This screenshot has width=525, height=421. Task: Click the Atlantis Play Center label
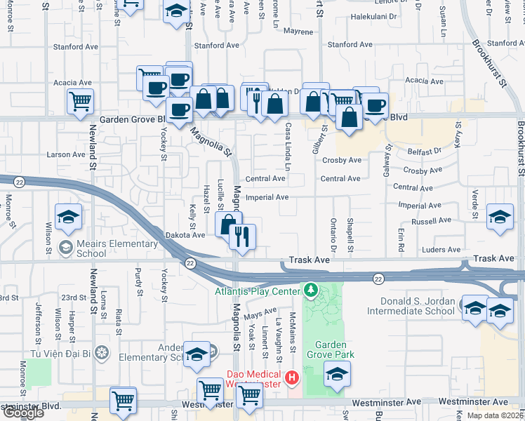click(x=256, y=291)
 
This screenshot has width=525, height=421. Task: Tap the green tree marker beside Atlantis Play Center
click(x=310, y=290)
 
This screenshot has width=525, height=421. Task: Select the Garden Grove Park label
click(x=334, y=349)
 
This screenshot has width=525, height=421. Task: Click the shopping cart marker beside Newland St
click(x=80, y=101)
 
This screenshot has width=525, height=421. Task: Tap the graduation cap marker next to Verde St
click(x=500, y=217)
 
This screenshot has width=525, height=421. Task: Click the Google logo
click(x=22, y=413)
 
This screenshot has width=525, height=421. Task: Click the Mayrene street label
click(x=298, y=32)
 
